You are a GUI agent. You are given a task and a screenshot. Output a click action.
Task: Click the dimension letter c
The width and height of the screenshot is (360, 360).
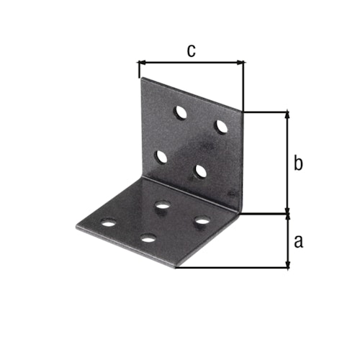191,50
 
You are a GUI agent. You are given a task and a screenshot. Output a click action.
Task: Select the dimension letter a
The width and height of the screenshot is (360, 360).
299,241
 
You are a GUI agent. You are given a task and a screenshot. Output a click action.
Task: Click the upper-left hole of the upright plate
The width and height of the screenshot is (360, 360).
180,112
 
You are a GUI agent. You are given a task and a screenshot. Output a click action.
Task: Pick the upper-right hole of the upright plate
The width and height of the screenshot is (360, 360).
221,126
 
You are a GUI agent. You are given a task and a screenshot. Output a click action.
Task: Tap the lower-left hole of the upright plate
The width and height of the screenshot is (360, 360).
162,157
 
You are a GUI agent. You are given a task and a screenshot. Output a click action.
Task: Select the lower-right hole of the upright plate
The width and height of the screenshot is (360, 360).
201,171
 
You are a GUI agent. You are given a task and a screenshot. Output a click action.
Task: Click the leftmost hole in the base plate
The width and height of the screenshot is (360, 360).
108,222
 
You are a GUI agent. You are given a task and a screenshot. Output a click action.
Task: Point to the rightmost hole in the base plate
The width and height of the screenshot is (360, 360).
202,219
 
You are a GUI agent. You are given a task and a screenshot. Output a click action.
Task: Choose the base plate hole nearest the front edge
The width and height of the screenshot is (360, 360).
148,238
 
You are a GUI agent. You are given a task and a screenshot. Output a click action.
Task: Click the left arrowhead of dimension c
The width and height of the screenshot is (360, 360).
140,63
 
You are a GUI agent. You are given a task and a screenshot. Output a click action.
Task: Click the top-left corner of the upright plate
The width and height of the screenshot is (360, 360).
140,78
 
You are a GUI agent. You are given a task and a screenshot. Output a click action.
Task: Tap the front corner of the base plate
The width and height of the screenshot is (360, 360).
175,267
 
